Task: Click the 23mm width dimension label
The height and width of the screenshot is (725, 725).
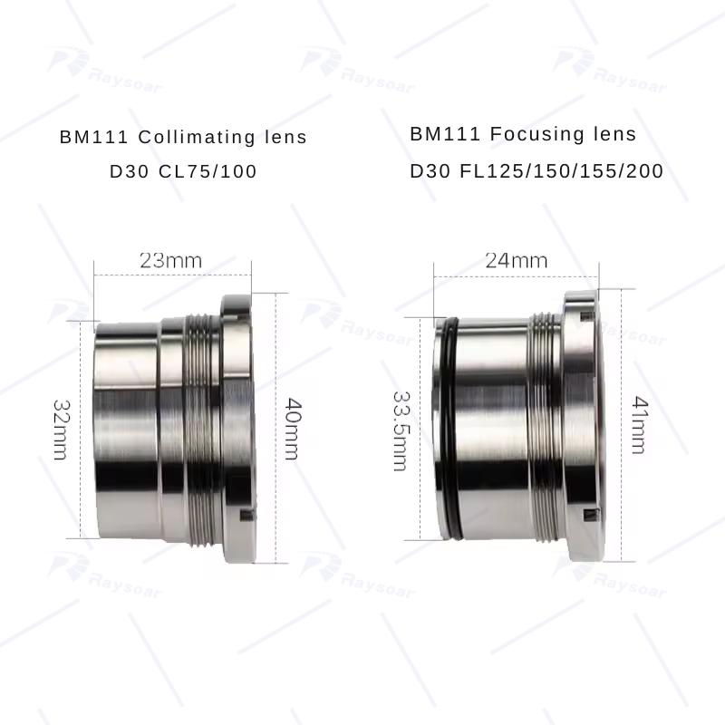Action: pyautogui.click(x=170, y=260)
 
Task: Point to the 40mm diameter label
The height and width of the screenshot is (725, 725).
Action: pyautogui.click(x=290, y=428)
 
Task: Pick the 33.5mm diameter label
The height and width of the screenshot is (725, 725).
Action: pyautogui.click(x=400, y=430)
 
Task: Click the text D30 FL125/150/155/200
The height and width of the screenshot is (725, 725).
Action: pyautogui.click(x=536, y=170)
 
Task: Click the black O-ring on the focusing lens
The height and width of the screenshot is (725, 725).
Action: pyautogui.click(x=444, y=426)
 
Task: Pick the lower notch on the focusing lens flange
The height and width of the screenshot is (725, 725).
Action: pyautogui.click(x=589, y=517)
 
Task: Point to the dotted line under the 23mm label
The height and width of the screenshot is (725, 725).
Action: pyautogui.click(x=170, y=274)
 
